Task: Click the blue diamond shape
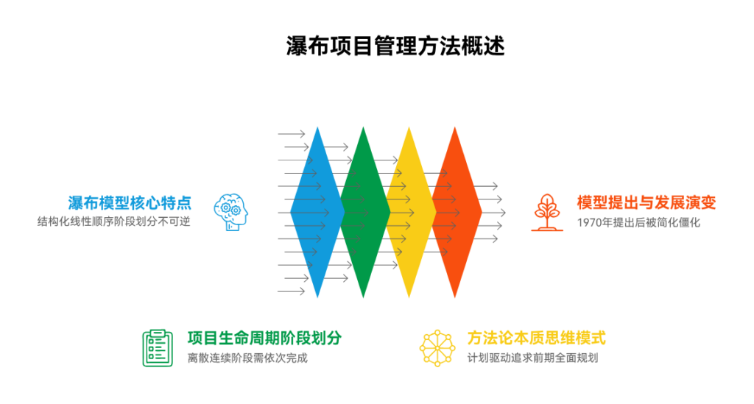pos(313,212)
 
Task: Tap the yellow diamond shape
pos(411,212)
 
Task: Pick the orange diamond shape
pos(457,212)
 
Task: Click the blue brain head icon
pos(230,212)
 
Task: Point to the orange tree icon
pos(546,212)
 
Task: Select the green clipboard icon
pos(157,347)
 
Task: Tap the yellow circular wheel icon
pos(437,347)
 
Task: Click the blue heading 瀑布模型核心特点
pos(130,202)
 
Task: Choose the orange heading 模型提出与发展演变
pos(646,202)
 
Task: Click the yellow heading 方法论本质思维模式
pos(536,339)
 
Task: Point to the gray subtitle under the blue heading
pos(114,222)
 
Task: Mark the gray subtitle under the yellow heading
pos(532,358)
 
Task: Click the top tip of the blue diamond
pos(317,127)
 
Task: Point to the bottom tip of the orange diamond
pos(455,297)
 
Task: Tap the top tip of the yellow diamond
pos(409,127)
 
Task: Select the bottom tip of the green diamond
pos(363,297)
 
